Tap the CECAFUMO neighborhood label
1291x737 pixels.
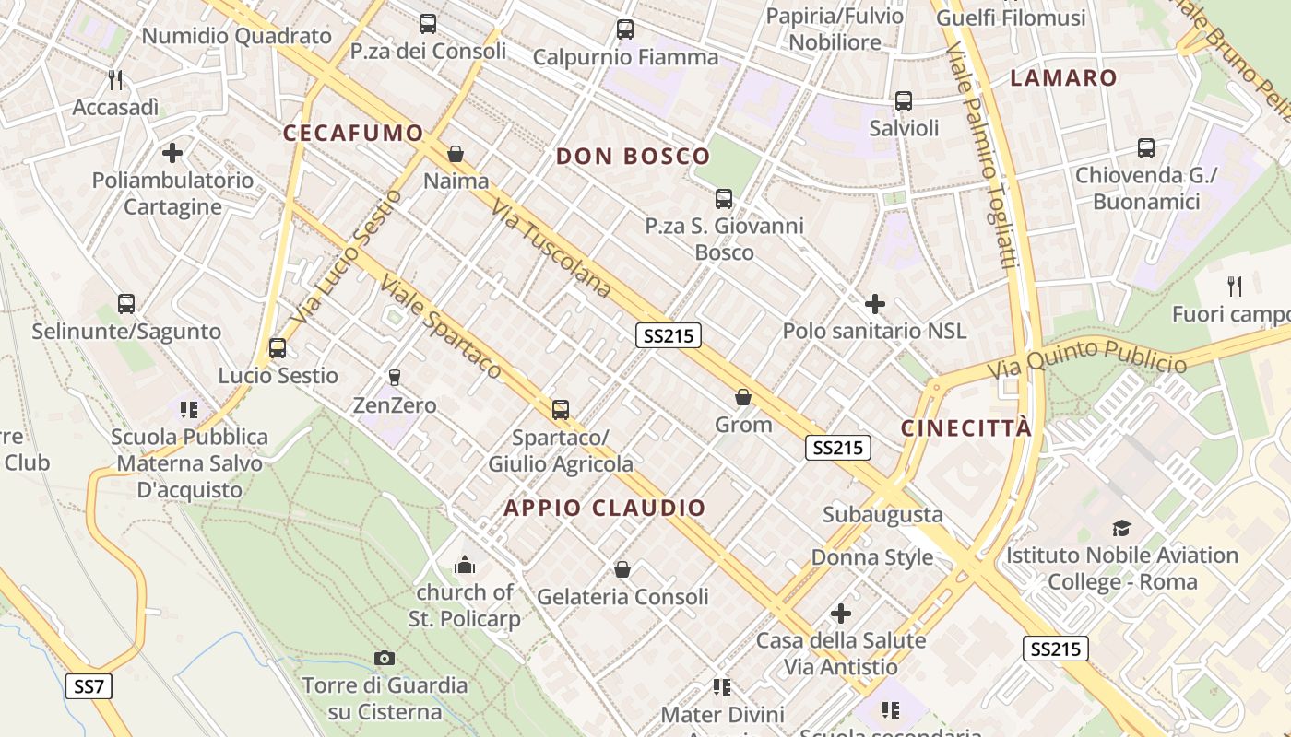click(x=353, y=133)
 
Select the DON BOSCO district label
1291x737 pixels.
click(x=633, y=157)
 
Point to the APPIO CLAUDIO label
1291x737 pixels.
click(x=605, y=508)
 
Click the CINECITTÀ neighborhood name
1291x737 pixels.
click(x=966, y=428)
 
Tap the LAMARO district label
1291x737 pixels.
click(x=1063, y=78)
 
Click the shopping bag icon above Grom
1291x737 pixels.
click(x=743, y=397)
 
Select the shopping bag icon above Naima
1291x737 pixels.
click(x=456, y=153)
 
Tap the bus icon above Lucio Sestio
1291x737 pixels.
click(x=278, y=348)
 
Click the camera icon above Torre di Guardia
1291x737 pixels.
click(x=385, y=658)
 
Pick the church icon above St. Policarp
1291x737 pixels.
click(x=465, y=564)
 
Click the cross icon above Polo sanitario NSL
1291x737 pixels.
click(x=874, y=303)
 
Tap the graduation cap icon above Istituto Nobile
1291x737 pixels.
click(x=1121, y=528)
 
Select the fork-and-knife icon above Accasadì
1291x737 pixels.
click(x=115, y=80)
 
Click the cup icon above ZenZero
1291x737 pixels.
click(x=395, y=377)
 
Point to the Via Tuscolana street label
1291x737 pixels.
click(x=551, y=250)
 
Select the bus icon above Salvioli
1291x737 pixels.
click(x=904, y=101)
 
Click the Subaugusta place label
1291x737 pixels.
click(x=882, y=514)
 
